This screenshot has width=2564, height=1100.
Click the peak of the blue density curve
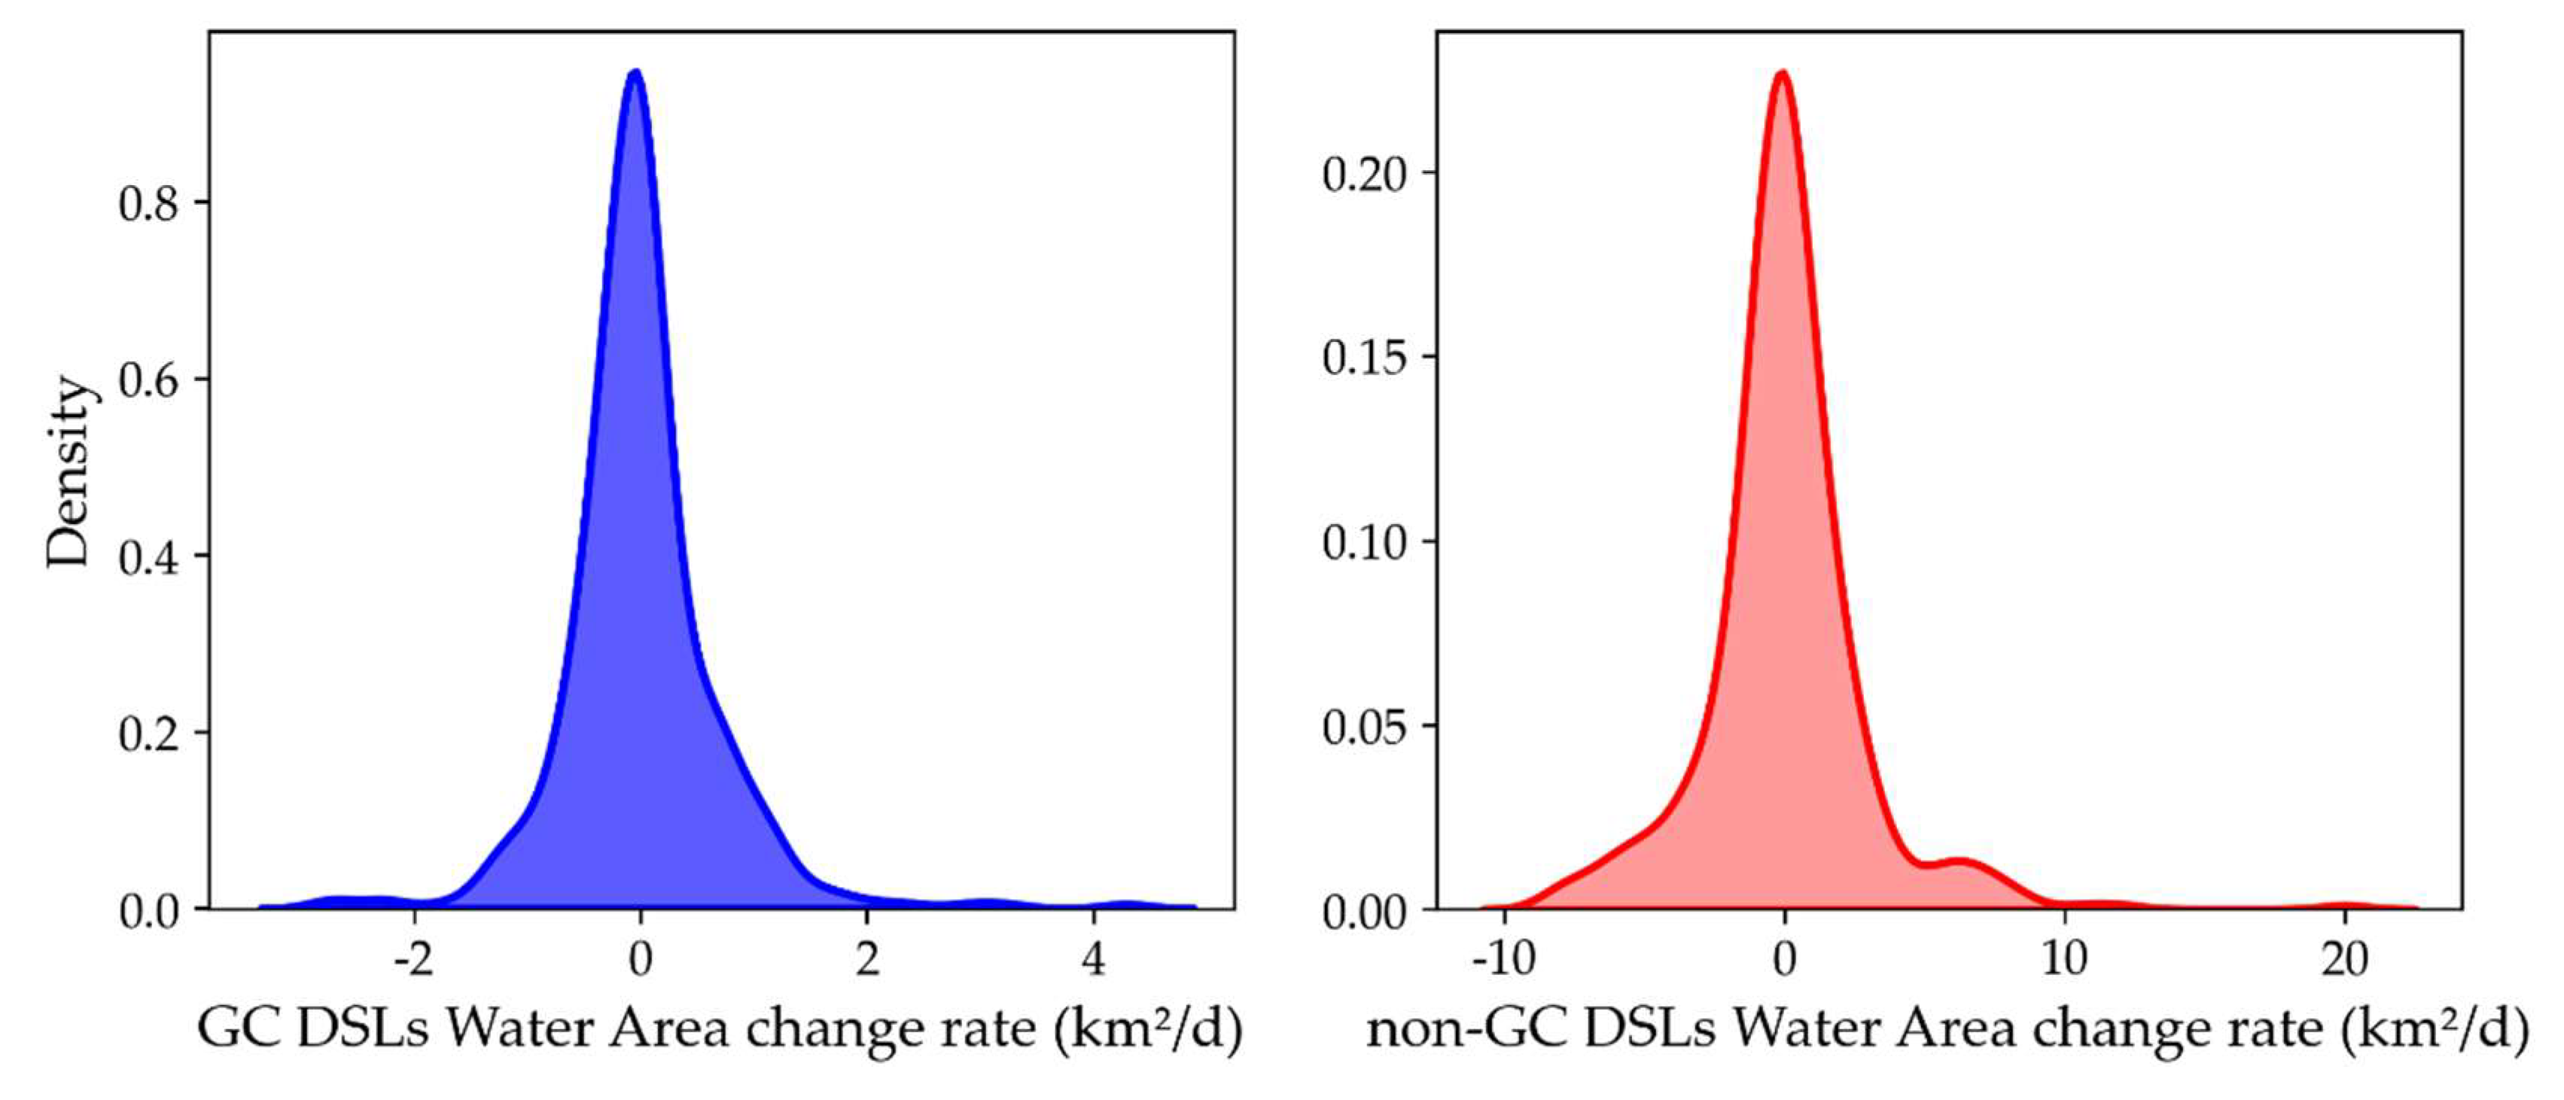(635, 72)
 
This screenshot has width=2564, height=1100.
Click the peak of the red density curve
(1783, 73)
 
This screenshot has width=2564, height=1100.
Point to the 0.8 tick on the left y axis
(149, 203)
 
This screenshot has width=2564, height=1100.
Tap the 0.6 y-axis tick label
(149, 380)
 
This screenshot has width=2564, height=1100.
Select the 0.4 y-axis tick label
(149, 556)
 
